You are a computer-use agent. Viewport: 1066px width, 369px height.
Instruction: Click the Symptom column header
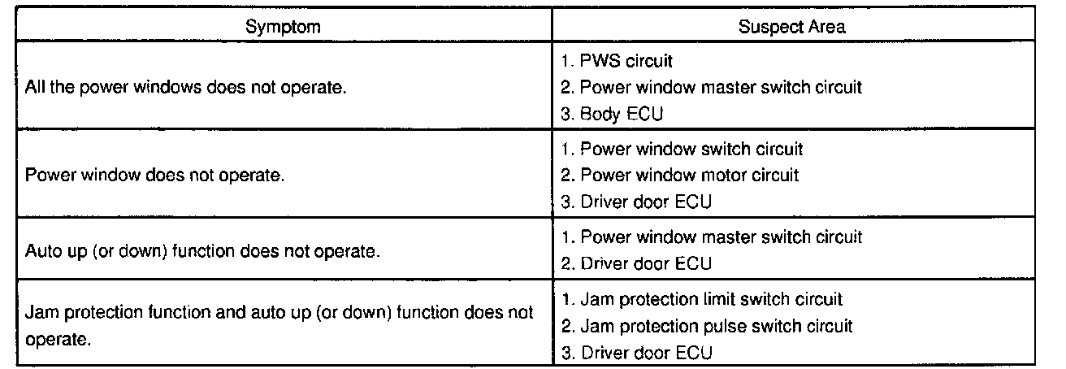pos(283,27)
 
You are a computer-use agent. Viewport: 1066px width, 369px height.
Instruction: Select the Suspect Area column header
pos(791,27)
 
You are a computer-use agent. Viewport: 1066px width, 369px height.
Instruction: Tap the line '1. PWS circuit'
pos(617,60)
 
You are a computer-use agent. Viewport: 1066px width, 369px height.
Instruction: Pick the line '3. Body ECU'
pos(612,114)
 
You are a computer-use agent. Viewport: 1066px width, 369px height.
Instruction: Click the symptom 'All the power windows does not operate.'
pos(186,87)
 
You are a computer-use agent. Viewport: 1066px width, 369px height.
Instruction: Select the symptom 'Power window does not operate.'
pos(154,176)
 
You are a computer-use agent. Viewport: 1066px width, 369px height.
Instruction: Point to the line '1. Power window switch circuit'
pos(682,149)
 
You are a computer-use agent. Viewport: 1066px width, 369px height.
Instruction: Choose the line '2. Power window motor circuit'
pos(680,175)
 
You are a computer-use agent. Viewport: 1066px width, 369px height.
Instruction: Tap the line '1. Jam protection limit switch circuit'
pos(701,299)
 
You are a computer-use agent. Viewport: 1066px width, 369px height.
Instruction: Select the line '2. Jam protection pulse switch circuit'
pos(707,326)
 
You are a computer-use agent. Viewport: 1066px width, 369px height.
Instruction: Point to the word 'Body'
pos(599,114)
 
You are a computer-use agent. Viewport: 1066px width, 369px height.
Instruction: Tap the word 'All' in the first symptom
pos(37,87)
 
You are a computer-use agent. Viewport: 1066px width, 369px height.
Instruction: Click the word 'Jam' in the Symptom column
pos(40,313)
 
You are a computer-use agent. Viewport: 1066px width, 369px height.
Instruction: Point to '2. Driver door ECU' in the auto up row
pos(636,263)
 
